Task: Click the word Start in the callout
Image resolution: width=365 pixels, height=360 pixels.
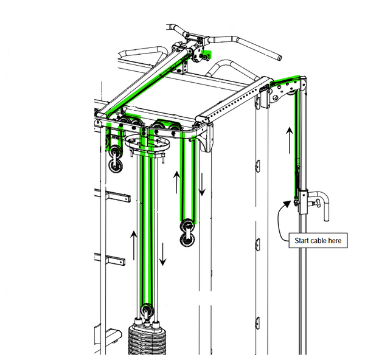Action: [x=302, y=240]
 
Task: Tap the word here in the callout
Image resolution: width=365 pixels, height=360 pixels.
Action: [x=335, y=240]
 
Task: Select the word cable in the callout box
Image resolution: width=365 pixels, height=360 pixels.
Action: [x=318, y=240]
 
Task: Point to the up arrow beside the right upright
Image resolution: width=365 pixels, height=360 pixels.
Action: [x=290, y=140]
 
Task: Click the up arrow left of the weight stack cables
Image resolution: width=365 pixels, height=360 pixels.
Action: [x=134, y=245]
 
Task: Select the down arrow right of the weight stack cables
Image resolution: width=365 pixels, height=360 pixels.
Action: [x=162, y=254]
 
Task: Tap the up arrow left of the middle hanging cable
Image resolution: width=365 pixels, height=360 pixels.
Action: [x=176, y=182]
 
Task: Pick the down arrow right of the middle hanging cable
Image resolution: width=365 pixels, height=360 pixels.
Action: [x=202, y=184]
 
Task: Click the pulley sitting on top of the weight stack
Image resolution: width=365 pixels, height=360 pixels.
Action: [x=147, y=311]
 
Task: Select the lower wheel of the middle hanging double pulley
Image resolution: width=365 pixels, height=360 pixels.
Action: [x=187, y=240]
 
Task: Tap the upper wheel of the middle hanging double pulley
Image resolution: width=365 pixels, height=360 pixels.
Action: [x=187, y=226]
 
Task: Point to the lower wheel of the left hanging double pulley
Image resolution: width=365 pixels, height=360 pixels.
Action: [x=116, y=165]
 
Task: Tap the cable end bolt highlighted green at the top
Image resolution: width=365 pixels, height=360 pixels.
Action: [x=206, y=56]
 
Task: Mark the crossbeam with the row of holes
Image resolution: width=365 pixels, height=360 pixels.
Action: [x=234, y=100]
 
